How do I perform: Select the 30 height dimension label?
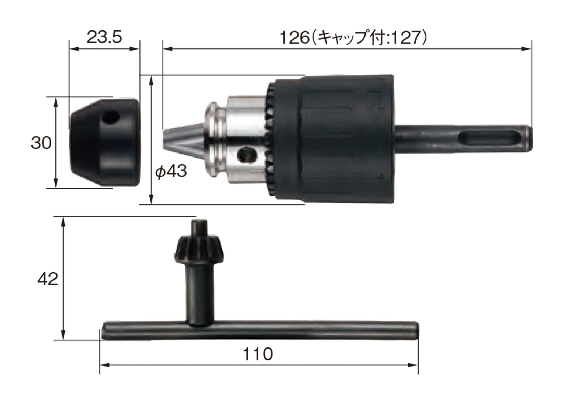click(41, 143)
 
